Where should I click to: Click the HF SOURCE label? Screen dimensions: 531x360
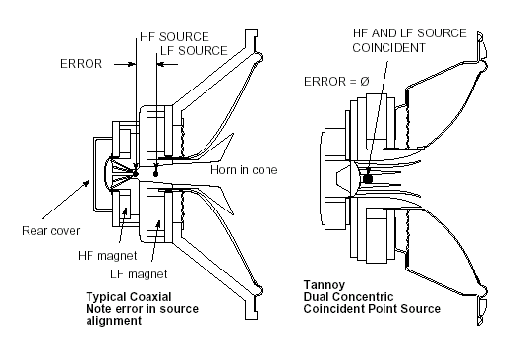[174, 36]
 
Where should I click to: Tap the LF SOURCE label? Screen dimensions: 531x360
[194, 51]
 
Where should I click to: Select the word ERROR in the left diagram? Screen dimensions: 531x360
[81, 64]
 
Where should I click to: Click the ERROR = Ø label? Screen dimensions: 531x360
[336, 82]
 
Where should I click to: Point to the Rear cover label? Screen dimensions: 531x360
[51, 231]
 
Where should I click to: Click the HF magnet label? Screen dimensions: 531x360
[107, 256]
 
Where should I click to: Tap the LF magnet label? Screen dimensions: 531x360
[139, 274]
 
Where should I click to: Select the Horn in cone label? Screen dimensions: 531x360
[244, 169]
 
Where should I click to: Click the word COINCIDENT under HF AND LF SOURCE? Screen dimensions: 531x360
[388, 48]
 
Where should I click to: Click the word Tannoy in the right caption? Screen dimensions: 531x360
[324, 285]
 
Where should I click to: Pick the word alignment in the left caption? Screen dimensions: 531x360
[114, 321]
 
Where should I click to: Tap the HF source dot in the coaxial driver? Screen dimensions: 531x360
[135, 174]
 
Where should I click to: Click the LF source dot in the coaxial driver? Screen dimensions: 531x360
[155, 174]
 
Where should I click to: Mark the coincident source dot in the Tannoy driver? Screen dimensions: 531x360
[368, 179]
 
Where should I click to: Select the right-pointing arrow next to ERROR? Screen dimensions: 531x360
[125, 64]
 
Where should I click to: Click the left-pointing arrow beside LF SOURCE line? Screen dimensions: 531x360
[167, 64]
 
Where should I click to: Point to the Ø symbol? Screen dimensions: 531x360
[365, 82]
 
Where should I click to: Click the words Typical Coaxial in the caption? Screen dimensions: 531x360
[129, 297]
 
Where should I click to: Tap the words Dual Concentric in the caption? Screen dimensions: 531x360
[348, 297]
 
